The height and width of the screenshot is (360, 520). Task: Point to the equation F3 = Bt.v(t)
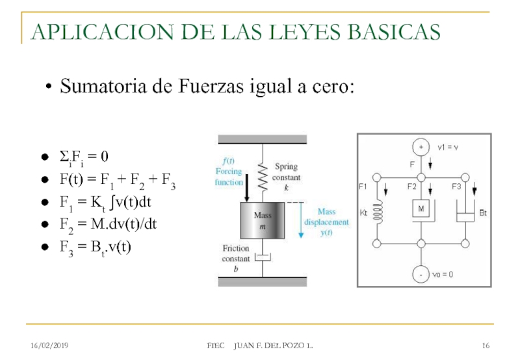95,248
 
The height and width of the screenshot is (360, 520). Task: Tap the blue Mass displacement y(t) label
326,222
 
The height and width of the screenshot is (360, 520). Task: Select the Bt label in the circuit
483,212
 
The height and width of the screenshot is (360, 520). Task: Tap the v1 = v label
448,148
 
